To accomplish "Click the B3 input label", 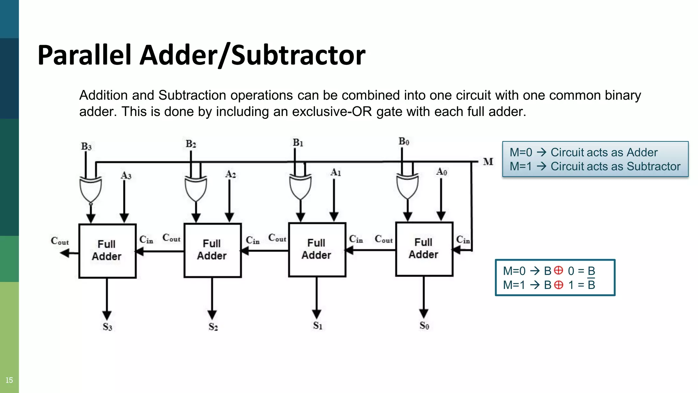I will pyautogui.click(x=86, y=146).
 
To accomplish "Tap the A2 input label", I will pyautogui.click(x=231, y=174).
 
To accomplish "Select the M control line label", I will pyautogui.click(x=488, y=161).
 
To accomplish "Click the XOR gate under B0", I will pyautogui.click(x=407, y=186).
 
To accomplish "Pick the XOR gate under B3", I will pyautogui.click(x=90, y=189).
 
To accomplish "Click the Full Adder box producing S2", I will pyautogui.click(x=212, y=250).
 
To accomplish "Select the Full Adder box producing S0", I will pyautogui.click(x=424, y=249).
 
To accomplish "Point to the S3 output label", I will pyautogui.click(x=107, y=327).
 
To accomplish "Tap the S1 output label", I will pyautogui.click(x=318, y=325).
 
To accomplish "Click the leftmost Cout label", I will pyautogui.click(x=60, y=241).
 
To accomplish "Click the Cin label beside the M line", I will pyautogui.click(x=463, y=240).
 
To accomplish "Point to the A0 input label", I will pyautogui.click(x=442, y=172).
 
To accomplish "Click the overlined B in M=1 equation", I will pyautogui.click(x=591, y=285).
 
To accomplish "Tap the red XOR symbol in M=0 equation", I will pyautogui.click(x=558, y=270).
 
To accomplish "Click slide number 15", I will pyautogui.click(x=9, y=380).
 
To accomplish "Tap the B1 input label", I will pyautogui.click(x=298, y=142).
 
